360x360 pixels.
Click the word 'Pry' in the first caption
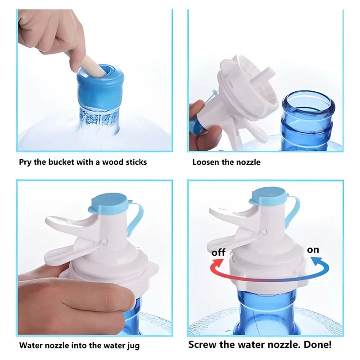click(x=25, y=162)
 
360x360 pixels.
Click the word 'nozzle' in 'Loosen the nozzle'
click(x=249, y=162)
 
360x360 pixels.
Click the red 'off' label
click(x=218, y=252)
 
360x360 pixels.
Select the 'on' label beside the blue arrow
click(x=313, y=250)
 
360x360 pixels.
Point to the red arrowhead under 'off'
click(x=218, y=263)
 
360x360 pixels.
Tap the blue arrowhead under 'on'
click(x=316, y=261)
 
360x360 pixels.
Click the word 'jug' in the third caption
click(x=133, y=346)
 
